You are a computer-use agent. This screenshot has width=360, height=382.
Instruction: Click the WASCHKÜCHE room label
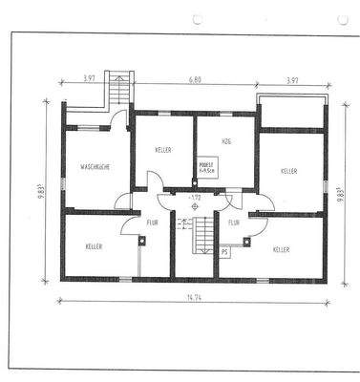(95, 167)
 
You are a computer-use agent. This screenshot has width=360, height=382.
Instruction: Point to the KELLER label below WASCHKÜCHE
(94, 246)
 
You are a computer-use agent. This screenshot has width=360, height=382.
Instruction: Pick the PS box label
(225, 252)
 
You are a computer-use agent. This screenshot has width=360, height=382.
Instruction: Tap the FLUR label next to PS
(234, 223)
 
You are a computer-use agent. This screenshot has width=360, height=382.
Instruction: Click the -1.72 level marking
(195, 198)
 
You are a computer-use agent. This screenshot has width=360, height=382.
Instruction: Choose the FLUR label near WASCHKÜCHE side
(152, 223)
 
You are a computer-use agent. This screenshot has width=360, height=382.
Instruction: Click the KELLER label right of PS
(281, 248)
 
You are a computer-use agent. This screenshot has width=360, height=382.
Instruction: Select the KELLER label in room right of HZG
(289, 170)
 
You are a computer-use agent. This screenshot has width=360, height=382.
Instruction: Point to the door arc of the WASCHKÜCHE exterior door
(120, 119)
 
